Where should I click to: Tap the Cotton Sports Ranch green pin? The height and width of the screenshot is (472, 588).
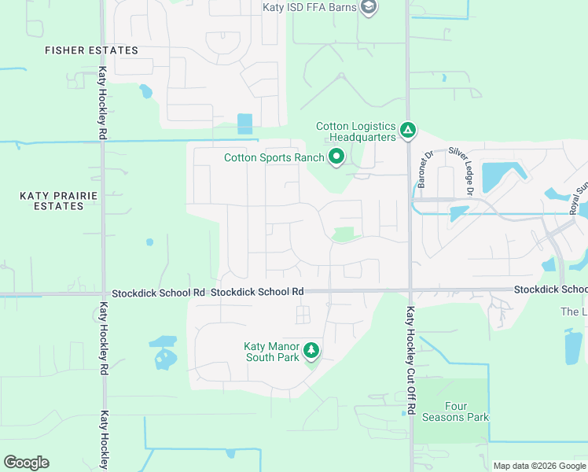(x=336, y=157)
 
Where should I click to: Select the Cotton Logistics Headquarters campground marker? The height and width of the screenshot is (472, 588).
(x=408, y=130)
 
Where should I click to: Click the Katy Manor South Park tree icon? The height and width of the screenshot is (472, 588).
(x=311, y=349)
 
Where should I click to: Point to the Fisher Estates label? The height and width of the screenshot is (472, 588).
(x=91, y=50)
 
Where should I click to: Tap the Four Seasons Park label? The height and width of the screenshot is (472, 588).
(x=455, y=412)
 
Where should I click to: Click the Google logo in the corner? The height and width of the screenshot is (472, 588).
(x=26, y=462)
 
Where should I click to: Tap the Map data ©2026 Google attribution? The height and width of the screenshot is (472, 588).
(x=538, y=466)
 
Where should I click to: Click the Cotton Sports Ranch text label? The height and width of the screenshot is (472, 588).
(x=274, y=157)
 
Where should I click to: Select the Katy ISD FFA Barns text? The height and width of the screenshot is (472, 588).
(x=310, y=7)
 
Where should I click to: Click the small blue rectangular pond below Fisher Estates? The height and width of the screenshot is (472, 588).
(x=245, y=124)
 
